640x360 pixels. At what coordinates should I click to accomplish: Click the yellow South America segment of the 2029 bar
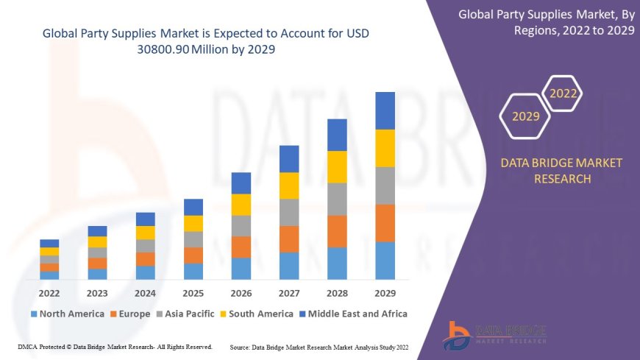pos(385,148)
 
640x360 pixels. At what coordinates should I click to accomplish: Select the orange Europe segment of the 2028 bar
pos(337,231)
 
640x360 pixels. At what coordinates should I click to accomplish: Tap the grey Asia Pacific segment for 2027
pos(289,212)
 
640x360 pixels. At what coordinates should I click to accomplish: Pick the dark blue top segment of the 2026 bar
pos(241,183)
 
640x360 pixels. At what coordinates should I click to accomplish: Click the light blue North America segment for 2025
pos(193,272)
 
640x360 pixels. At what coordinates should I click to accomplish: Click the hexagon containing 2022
pos(563,93)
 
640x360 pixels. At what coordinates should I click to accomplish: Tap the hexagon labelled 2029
pos(525,116)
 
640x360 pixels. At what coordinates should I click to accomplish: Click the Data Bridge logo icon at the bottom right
pos(457,336)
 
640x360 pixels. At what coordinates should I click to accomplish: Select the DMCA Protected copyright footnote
pos(115,346)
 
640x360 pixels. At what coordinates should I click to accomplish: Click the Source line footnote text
pos(319,346)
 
